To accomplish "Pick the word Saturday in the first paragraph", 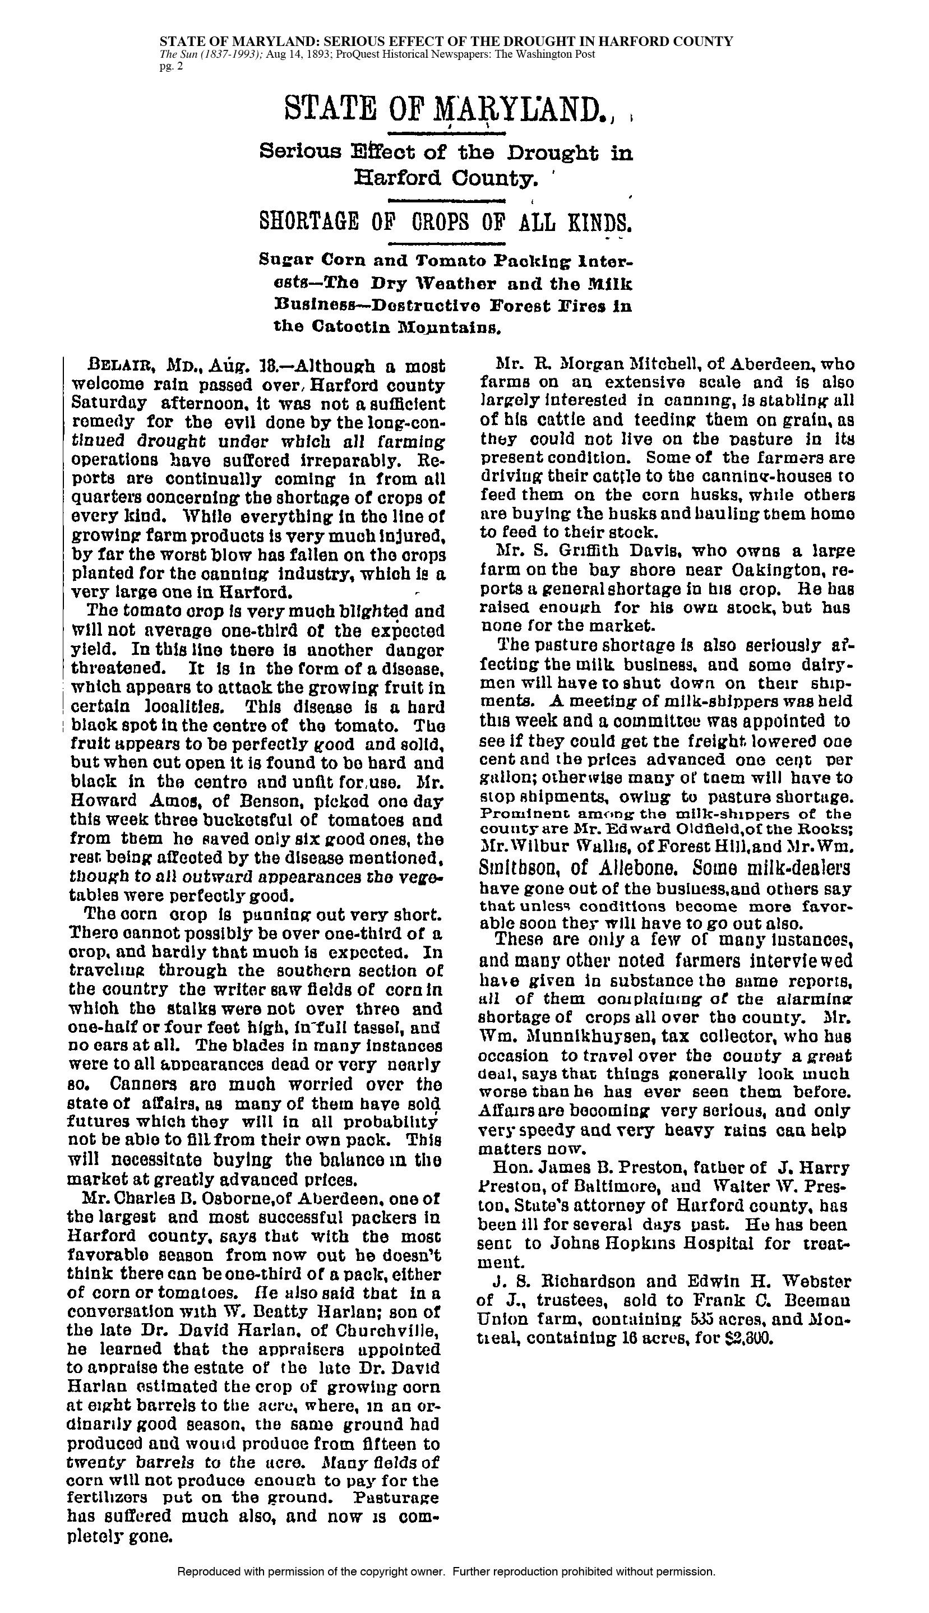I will (x=108, y=405).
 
